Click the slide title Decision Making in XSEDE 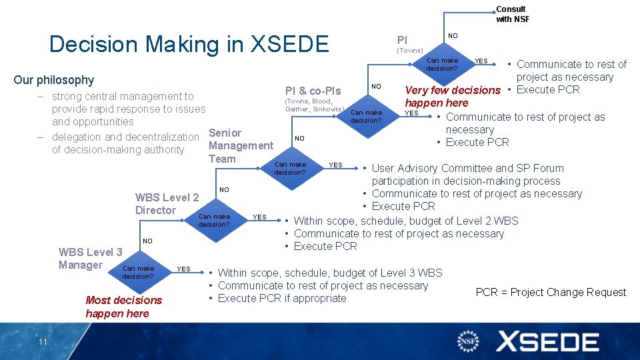[x=189, y=44]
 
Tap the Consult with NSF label [x=512, y=14]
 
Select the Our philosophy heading [x=54, y=80]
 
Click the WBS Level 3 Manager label [x=90, y=259]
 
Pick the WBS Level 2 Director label [x=167, y=204]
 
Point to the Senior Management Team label [x=241, y=145]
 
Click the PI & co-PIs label [x=313, y=91]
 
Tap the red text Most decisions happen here [x=123, y=307]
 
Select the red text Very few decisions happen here [x=453, y=96]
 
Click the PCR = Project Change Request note [x=551, y=292]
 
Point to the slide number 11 [x=43, y=342]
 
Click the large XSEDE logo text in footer [x=547, y=342]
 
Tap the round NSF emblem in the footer [x=468, y=342]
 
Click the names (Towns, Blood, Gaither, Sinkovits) [x=314, y=105]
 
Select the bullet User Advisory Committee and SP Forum [x=467, y=168]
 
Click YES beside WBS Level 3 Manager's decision [x=183, y=269]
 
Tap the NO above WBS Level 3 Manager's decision [x=147, y=241]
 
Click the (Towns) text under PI [x=410, y=51]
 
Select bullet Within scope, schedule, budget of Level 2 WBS [x=405, y=221]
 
